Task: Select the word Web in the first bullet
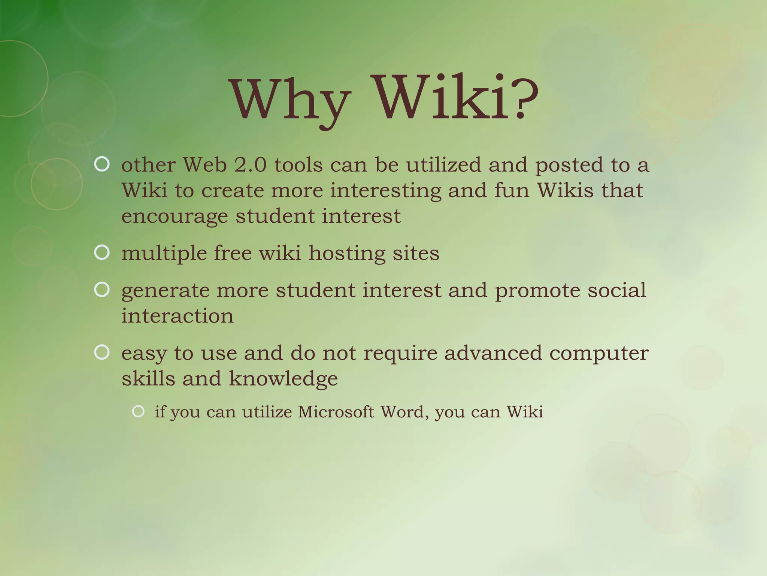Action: click(x=205, y=165)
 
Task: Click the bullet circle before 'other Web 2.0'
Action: click(x=102, y=164)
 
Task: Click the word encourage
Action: click(x=175, y=217)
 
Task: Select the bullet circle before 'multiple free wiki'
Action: click(x=102, y=253)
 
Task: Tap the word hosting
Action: click(x=347, y=253)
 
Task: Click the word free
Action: click(x=233, y=253)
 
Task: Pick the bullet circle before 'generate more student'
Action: click(x=102, y=290)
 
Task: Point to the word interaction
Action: click(x=178, y=316)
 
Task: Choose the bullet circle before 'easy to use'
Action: click(x=102, y=352)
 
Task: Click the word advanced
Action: click(x=493, y=353)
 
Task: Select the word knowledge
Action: click(x=283, y=378)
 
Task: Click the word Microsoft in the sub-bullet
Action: click(x=336, y=412)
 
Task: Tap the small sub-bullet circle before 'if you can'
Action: click(x=139, y=412)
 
